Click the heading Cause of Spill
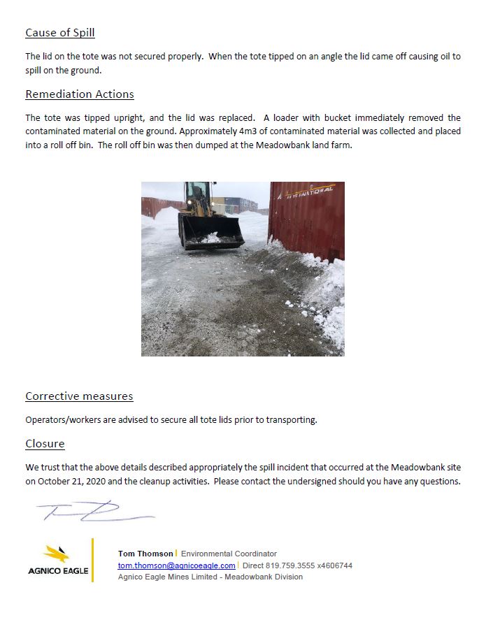(x=60, y=33)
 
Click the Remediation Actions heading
(x=80, y=94)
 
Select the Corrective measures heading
(x=79, y=396)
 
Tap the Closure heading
(x=45, y=443)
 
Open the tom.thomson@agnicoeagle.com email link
(x=176, y=565)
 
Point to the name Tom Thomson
(x=145, y=554)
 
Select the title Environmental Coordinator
(x=229, y=554)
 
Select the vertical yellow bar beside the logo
(x=92, y=560)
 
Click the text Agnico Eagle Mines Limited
(x=169, y=577)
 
